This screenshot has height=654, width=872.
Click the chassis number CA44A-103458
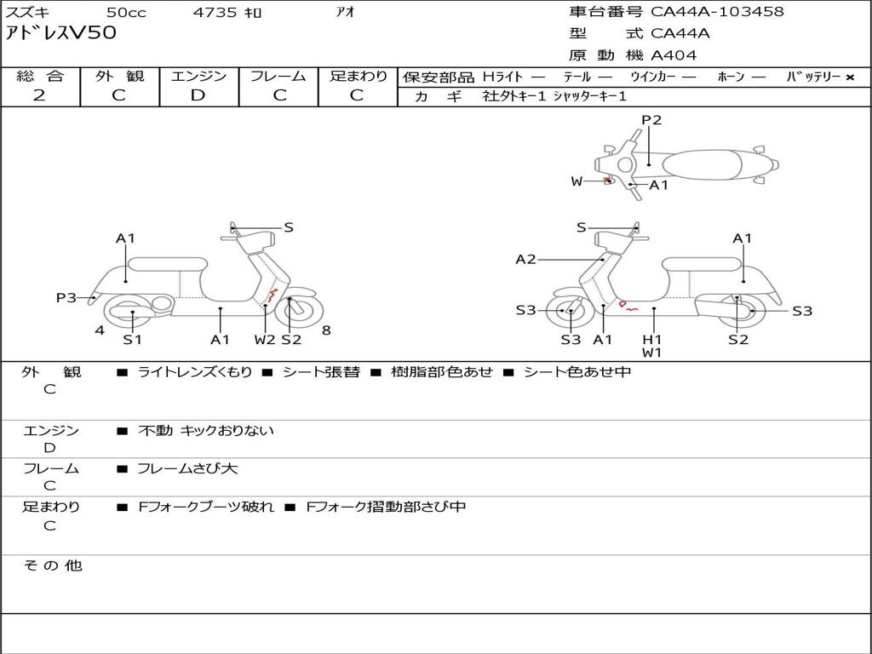pos(717,12)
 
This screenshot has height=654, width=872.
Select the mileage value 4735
pos(215,13)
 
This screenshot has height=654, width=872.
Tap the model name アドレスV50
pos(61,34)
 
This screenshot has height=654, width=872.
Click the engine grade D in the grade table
pos(198,95)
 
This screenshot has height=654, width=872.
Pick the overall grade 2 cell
pos(39,95)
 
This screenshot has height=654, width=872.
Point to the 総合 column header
pos(40,77)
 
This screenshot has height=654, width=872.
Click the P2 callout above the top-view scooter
pos(651,120)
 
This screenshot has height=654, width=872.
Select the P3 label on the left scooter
pos(66,297)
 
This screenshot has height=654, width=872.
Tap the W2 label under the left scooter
pos(265,340)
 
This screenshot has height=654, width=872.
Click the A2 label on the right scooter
pos(526,259)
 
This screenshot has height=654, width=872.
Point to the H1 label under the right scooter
pos(652,338)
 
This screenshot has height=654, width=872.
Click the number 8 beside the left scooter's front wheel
pos(326,330)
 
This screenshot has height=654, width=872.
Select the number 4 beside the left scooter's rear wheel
pos(100,330)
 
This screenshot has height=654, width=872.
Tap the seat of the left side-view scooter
pos(166,263)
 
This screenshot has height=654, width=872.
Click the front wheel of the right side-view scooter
pos(569,312)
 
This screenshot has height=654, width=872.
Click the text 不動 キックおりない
pos(206,431)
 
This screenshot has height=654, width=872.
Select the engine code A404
pos(674,55)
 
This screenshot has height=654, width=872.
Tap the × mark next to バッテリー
pos(849,77)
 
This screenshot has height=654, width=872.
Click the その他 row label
pos(52,565)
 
